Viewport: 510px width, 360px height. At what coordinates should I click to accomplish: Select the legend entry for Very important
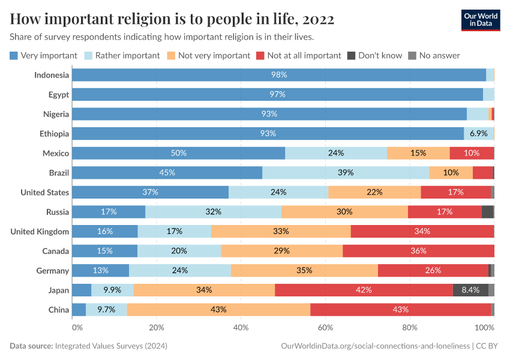click(x=44, y=55)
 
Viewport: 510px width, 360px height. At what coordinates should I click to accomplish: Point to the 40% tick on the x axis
click(x=241, y=328)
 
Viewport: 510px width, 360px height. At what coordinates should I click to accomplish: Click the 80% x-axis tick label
click(x=410, y=328)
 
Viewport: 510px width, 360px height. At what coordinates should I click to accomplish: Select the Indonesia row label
click(x=52, y=75)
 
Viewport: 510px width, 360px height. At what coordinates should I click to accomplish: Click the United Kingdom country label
click(x=40, y=232)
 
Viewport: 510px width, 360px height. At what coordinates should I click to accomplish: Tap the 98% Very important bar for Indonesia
click(x=279, y=75)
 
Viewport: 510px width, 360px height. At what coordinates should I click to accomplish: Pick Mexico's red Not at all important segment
click(x=472, y=153)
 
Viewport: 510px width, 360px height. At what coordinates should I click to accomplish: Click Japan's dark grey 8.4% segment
click(x=470, y=290)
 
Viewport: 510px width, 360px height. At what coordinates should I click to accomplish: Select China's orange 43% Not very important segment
click(x=218, y=310)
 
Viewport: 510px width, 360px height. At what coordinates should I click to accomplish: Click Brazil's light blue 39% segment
click(x=346, y=173)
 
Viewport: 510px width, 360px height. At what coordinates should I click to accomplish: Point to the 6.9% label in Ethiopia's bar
click(x=478, y=133)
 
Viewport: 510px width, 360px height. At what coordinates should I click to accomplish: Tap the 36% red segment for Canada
click(x=418, y=251)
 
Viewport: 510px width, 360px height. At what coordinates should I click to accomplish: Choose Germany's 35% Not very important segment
click(x=304, y=271)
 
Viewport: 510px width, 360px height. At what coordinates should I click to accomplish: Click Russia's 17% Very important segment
click(x=109, y=212)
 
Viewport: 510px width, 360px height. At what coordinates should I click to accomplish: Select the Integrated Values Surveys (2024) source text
click(x=111, y=346)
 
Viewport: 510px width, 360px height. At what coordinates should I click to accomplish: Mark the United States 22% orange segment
click(x=374, y=192)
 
